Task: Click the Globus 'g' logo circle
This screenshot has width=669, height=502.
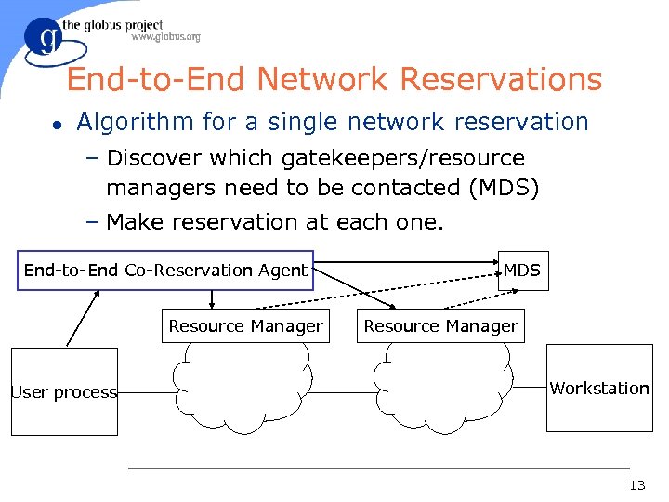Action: (45, 42)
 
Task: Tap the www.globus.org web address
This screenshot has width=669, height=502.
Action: (165, 37)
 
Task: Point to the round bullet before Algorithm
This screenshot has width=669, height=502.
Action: (57, 123)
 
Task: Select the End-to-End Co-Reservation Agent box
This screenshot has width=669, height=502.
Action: (165, 271)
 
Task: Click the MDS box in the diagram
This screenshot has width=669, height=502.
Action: (522, 271)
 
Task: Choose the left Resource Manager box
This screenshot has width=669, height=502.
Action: (245, 325)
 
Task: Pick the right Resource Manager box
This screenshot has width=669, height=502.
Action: (440, 325)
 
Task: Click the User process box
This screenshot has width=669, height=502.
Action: (64, 391)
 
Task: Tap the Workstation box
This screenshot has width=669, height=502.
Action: (599, 388)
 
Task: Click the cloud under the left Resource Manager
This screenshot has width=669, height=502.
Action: (243, 387)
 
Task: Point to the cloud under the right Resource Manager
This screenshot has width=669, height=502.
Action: (440, 387)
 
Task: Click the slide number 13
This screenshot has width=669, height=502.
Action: (636, 485)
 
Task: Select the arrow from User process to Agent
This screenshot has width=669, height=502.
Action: (83, 319)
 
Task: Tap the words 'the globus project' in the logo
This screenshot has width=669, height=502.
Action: (112, 25)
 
